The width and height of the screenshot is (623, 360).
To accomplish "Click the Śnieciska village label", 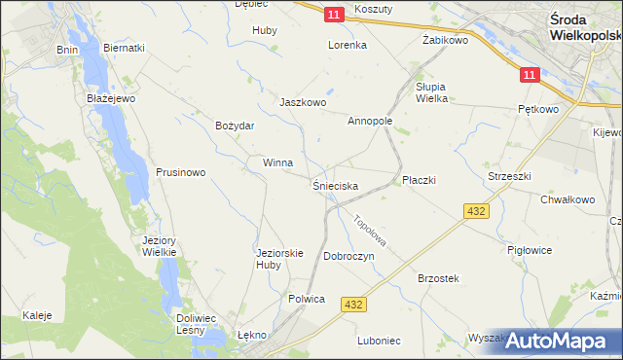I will point(336,185).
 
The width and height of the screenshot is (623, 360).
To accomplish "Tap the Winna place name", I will point(277,163).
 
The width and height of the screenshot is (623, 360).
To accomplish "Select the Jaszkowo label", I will point(302,102).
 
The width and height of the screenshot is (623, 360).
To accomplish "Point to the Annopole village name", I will point(370,122).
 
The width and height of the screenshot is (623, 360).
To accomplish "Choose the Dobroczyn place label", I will point(348,256).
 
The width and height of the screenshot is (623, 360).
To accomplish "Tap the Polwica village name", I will point(306,299).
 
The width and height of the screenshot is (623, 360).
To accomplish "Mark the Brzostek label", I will point(438,278).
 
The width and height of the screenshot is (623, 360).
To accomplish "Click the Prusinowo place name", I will point(180,173).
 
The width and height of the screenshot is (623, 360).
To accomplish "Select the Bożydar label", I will point(235,126).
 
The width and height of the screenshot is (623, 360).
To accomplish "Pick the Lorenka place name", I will point(347,45).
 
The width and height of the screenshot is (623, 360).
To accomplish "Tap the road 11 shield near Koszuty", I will point(334,15).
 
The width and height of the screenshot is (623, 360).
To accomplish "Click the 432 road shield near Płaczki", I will point(476,210).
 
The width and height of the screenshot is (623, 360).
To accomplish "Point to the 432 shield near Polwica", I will point(353,306).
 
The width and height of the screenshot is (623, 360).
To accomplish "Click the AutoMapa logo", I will point(558,341).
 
